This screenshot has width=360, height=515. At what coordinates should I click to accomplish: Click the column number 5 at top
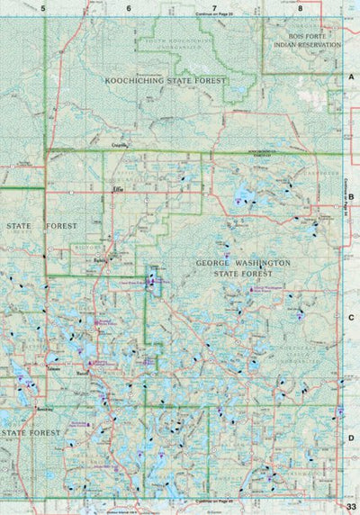coord(43,7)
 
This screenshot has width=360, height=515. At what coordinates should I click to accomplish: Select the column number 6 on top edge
coord(129,7)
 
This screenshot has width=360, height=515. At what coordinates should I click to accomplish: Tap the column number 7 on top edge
coord(214,7)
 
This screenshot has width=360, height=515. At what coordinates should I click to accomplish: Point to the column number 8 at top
coord(300,7)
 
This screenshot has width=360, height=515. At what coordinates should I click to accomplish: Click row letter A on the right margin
coord(352,79)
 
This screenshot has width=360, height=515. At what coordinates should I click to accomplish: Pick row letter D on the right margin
coord(352,438)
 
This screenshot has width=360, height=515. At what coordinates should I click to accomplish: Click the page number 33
coord(351,508)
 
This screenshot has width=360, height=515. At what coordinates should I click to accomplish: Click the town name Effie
coord(118,190)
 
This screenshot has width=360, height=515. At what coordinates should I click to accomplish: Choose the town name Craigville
coord(122,144)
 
